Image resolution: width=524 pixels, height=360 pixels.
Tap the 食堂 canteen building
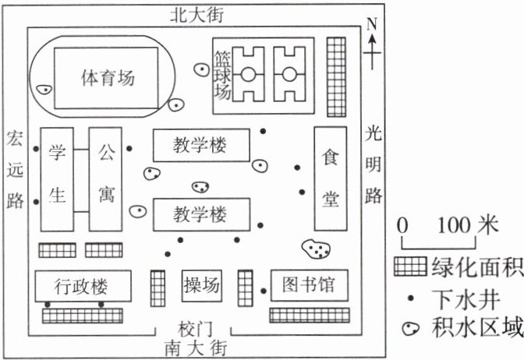(x=331, y=178)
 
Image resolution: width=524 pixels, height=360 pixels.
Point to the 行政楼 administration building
(x=81, y=286)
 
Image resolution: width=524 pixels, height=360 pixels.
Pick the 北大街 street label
(x=196, y=14)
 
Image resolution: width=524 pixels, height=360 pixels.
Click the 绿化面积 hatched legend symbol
(x=412, y=268)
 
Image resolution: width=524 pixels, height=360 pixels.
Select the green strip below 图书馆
(x=309, y=316)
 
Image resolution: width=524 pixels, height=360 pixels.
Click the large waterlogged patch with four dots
(x=317, y=249)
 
